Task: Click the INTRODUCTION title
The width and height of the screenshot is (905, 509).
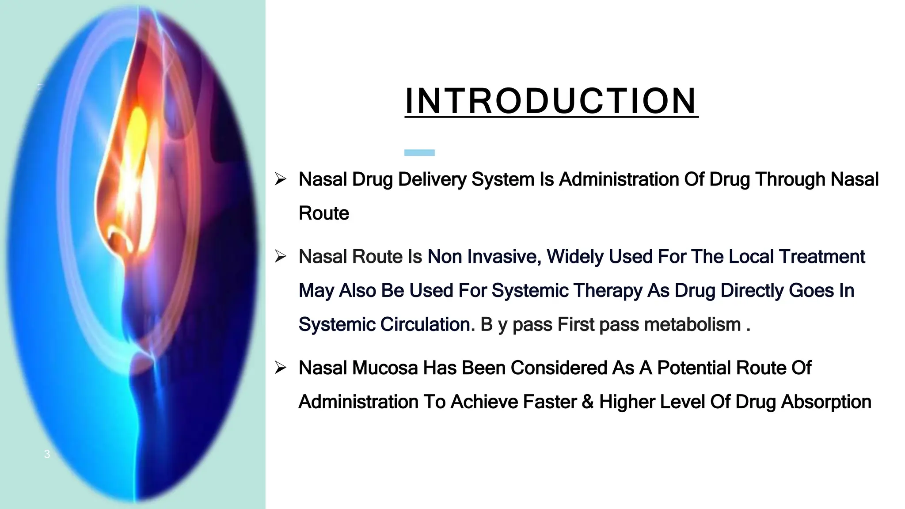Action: click(551, 101)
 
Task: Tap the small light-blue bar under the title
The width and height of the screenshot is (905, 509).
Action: click(419, 152)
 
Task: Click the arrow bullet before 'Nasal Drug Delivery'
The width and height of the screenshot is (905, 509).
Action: click(281, 179)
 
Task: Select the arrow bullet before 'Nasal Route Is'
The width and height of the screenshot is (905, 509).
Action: click(281, 256)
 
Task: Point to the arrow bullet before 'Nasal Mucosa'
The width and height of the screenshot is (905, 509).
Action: click(281, 368)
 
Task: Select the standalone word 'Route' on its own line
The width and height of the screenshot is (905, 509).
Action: click(324, 213)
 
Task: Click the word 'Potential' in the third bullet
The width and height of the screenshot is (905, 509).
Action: click(694, 368)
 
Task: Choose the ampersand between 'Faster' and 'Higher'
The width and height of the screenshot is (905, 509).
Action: click(588, 402)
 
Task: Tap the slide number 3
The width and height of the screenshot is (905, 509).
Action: click(47, 454)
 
